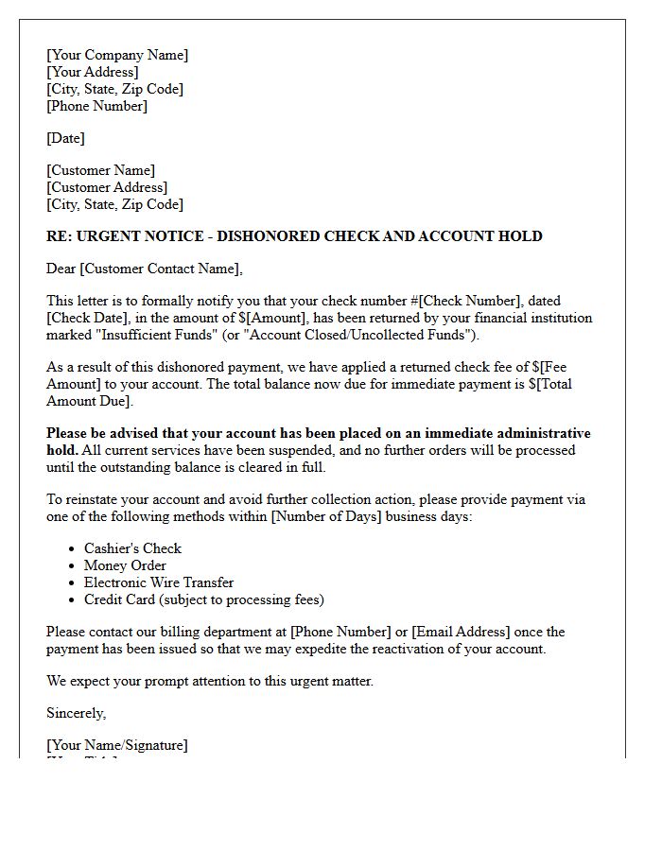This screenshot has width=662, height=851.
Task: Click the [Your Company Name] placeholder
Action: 117,55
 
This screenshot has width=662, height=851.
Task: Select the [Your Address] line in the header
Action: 93,72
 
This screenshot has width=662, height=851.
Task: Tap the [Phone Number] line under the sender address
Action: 96,106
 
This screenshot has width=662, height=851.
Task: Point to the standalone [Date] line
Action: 65,138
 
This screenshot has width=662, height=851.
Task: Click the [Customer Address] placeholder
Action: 107,187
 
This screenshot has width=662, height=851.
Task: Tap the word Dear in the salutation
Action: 61,269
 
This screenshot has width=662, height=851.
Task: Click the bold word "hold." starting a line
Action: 62,450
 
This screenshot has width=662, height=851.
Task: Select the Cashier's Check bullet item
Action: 132,548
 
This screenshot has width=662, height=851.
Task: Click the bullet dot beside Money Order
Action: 73,566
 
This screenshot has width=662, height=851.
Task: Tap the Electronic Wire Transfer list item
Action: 159,582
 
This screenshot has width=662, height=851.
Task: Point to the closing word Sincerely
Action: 76,713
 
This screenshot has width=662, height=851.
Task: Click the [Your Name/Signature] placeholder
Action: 117,745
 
